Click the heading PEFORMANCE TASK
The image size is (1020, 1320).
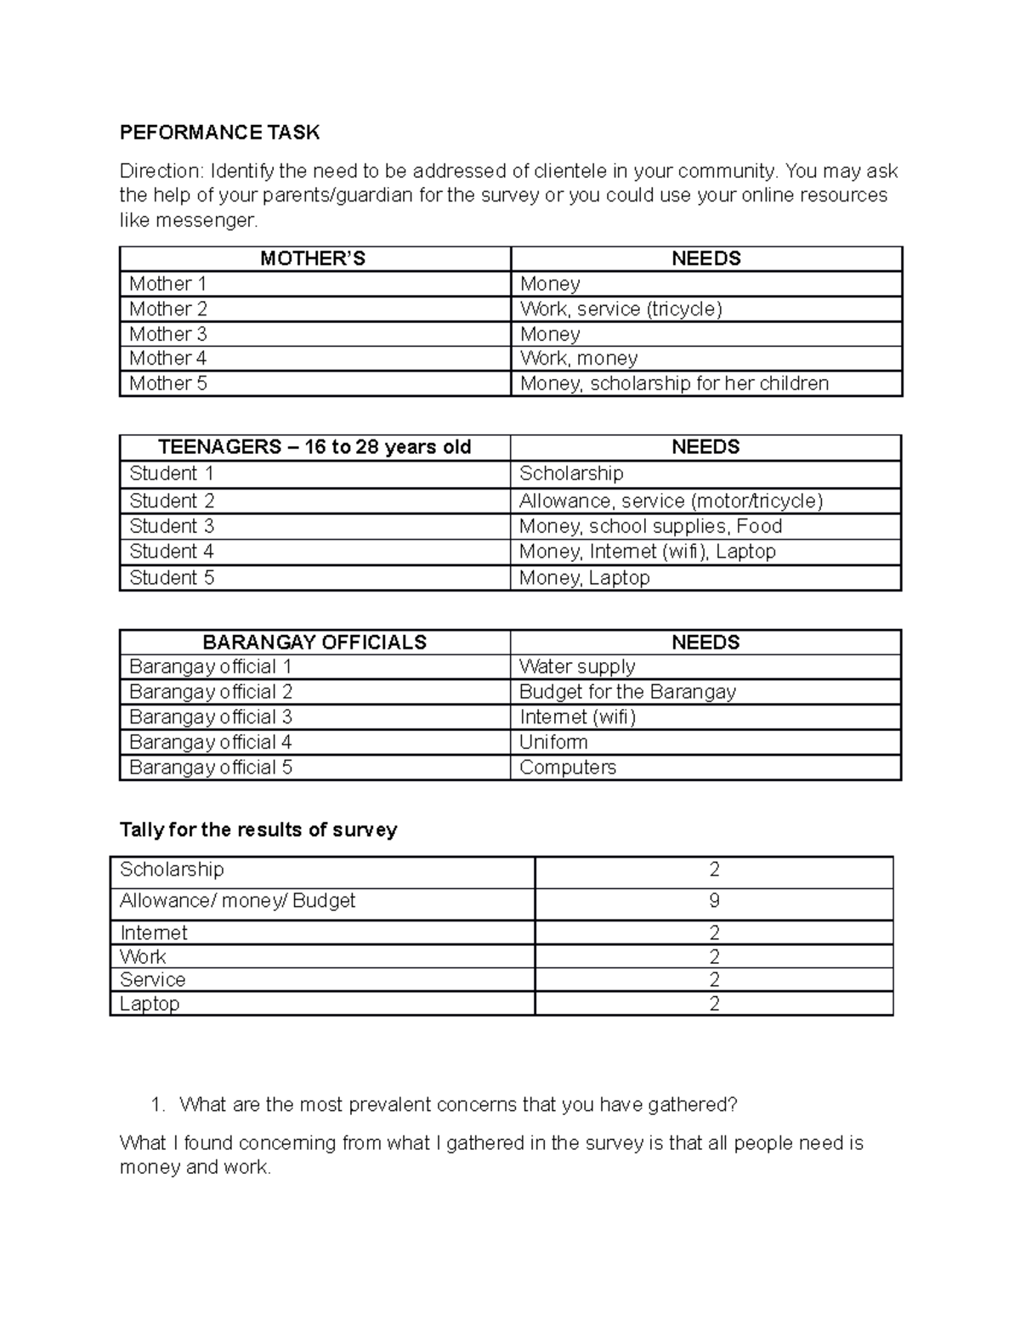click(219, 132)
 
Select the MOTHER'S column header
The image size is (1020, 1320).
click(313, 258)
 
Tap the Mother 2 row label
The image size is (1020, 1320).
click(168, 309)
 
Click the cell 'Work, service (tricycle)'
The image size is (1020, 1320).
click(620, 309)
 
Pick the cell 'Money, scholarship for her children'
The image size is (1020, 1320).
click(674, 383)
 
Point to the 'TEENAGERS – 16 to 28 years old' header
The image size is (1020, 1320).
click(314, 447)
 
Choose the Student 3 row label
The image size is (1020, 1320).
click(172, 526)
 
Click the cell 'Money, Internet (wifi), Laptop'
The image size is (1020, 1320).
click(648, 552)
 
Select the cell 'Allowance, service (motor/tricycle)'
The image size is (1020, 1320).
click(671, 501)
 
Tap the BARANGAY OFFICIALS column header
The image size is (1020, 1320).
click(314, 642)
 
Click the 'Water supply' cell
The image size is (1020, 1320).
click(577, 666)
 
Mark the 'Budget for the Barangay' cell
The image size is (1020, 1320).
click(627, 692)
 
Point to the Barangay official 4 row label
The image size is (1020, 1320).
click(211, 742)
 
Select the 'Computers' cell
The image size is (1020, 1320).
click(568, 768)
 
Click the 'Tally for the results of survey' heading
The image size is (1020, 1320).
click(258, 830)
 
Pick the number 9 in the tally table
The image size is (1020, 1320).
click(714, 901)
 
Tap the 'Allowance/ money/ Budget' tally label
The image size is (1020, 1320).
click(237, 901)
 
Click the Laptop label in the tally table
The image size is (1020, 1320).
click(150, 1004)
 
